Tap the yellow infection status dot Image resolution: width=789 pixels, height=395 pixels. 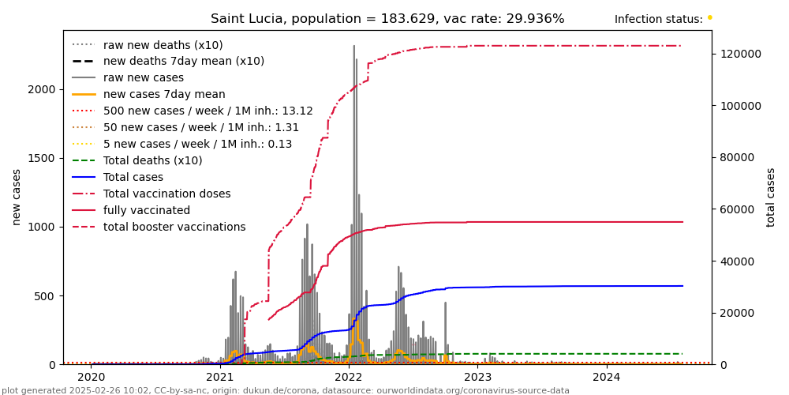709,17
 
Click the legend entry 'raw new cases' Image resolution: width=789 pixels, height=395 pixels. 143,77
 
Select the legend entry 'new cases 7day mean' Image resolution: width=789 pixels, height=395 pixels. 164,94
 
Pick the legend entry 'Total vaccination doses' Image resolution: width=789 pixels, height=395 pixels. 166,194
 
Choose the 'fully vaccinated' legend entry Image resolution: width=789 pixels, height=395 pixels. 146,210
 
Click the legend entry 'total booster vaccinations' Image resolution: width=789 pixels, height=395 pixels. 174,227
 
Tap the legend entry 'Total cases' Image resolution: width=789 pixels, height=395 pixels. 133,177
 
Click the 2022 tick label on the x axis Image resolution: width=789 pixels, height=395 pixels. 349,378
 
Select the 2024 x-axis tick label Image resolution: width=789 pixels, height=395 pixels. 606,378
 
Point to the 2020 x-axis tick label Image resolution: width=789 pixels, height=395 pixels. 91,378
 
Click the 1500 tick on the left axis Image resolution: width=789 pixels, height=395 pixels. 43,158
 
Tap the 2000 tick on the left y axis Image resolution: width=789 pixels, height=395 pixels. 43,89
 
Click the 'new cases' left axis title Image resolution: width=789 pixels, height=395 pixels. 17,197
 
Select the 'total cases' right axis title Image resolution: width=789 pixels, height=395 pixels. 771,197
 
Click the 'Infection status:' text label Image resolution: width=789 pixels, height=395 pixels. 658,19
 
